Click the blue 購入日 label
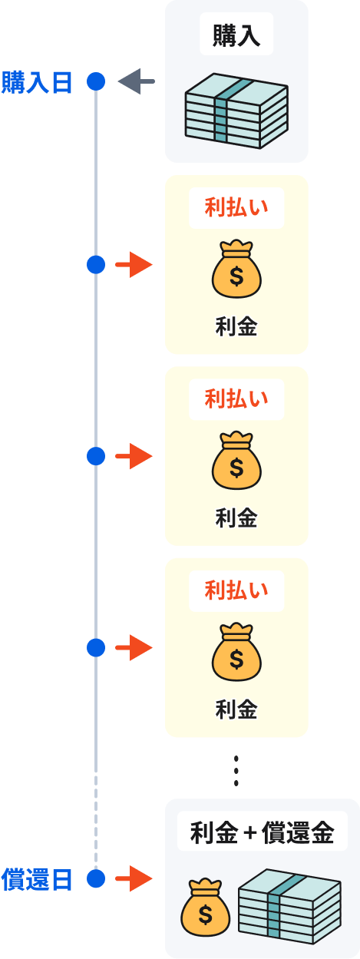pyautogui.click(x=36, y=83)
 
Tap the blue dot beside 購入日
pyautogui.click(x=96, y=81)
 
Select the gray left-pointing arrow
pyautogui.click(x=136, y=81)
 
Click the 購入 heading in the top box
pyautogui.click(x=236, y=35)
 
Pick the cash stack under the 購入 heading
pyautogui.click(x=236, y=111)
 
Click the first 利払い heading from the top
pyautogui.click(x=236, y=207)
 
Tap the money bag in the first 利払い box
pyautogui.click(x=236, y=269)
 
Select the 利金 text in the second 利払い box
pyautogui.click(x=236, y=518)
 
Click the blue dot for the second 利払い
pyautogui.click(x=96, y=456)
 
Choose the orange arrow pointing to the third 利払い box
pyautogui.click(x=134, y=647)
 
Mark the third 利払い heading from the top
pyautogui.click(x=236, y=590)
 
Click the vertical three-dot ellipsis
pyautogui.click(x=236, y=771)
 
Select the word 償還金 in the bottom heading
pyautogui.click(x=298, y=833)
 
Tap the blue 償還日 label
pyautogui.click(x=36, y=879)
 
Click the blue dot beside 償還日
pyautogui.click(x=96, y=878)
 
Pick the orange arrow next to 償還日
pyautogui.click(x=134, y=878)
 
